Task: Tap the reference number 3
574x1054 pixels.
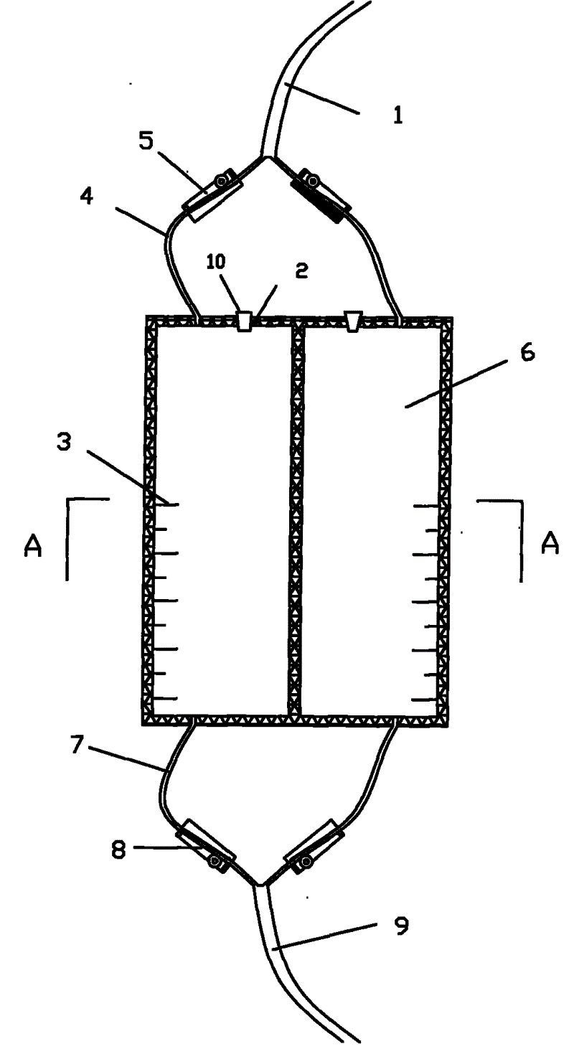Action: click(x=64, y=443)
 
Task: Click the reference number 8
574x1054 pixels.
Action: click(x=120, y=851)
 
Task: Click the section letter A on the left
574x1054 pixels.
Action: click(x=33, y=547)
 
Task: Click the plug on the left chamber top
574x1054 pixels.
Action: click(x=245, y=321)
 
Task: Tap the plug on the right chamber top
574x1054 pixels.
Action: click(x=353, y=320)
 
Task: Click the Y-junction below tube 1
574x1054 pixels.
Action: click(x=265, y=159)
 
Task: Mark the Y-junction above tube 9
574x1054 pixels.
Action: click(x=260, y=884)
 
